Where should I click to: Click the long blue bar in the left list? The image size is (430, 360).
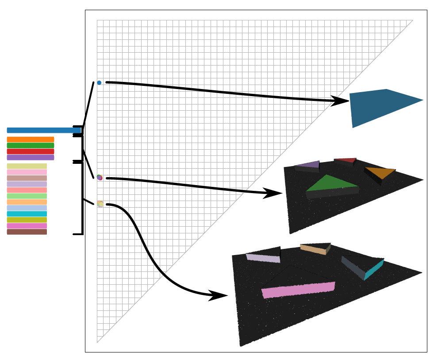tap(44, 130)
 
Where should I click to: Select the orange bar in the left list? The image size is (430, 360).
tap(30, 139)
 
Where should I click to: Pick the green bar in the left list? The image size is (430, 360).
tap(30, 145)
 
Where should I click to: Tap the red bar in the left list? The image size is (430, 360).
tap(30, 151)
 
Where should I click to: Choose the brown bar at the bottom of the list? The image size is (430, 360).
tap(27, 232)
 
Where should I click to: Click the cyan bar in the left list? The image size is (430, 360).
tap(27, 214)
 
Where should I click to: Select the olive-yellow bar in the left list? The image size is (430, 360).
tap(27, 220)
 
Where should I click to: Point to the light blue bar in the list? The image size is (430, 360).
tap(27, 208)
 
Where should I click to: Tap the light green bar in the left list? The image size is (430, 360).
tap(27, 196)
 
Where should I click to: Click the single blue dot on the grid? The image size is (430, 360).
tap(99, 83)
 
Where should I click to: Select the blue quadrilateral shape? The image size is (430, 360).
tap(380, 106)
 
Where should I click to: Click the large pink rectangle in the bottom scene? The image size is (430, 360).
tap(298, 290)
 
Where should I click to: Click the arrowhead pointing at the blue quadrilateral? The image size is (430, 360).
tap(341, 101)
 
